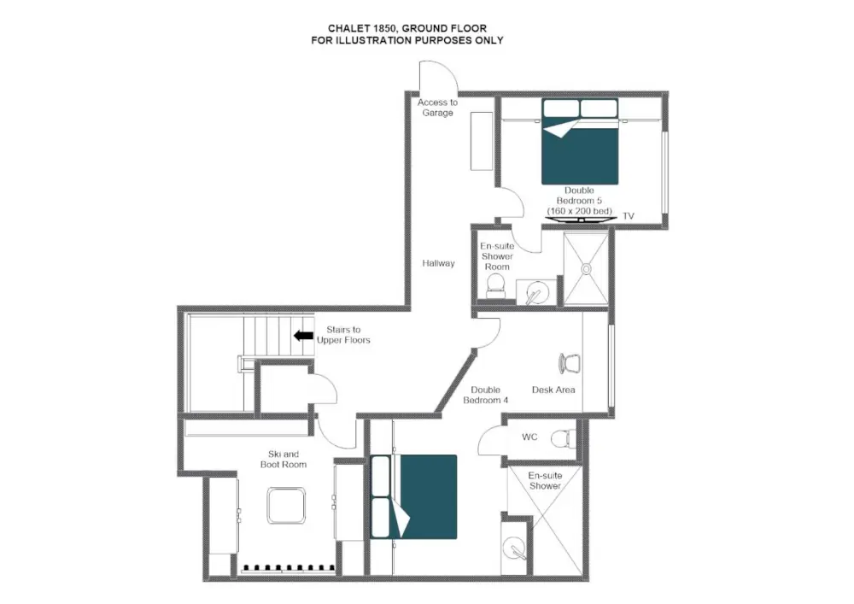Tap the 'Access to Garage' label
[x=437, y=108]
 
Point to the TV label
[x=629, y=216]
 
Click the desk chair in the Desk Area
[x=567, y=364]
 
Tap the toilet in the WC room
[x=561, y=439]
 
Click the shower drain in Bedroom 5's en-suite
[x=587, y=268]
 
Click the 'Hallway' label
[x=438, y=263]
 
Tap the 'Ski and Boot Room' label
[x=284, y=459]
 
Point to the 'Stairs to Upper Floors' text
[x=343, y=335]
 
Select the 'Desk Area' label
[x=553, y=390]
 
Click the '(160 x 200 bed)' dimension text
[x=580, y=210]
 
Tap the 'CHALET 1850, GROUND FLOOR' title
[x=407, y=28]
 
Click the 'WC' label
[x=529, y=437]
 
